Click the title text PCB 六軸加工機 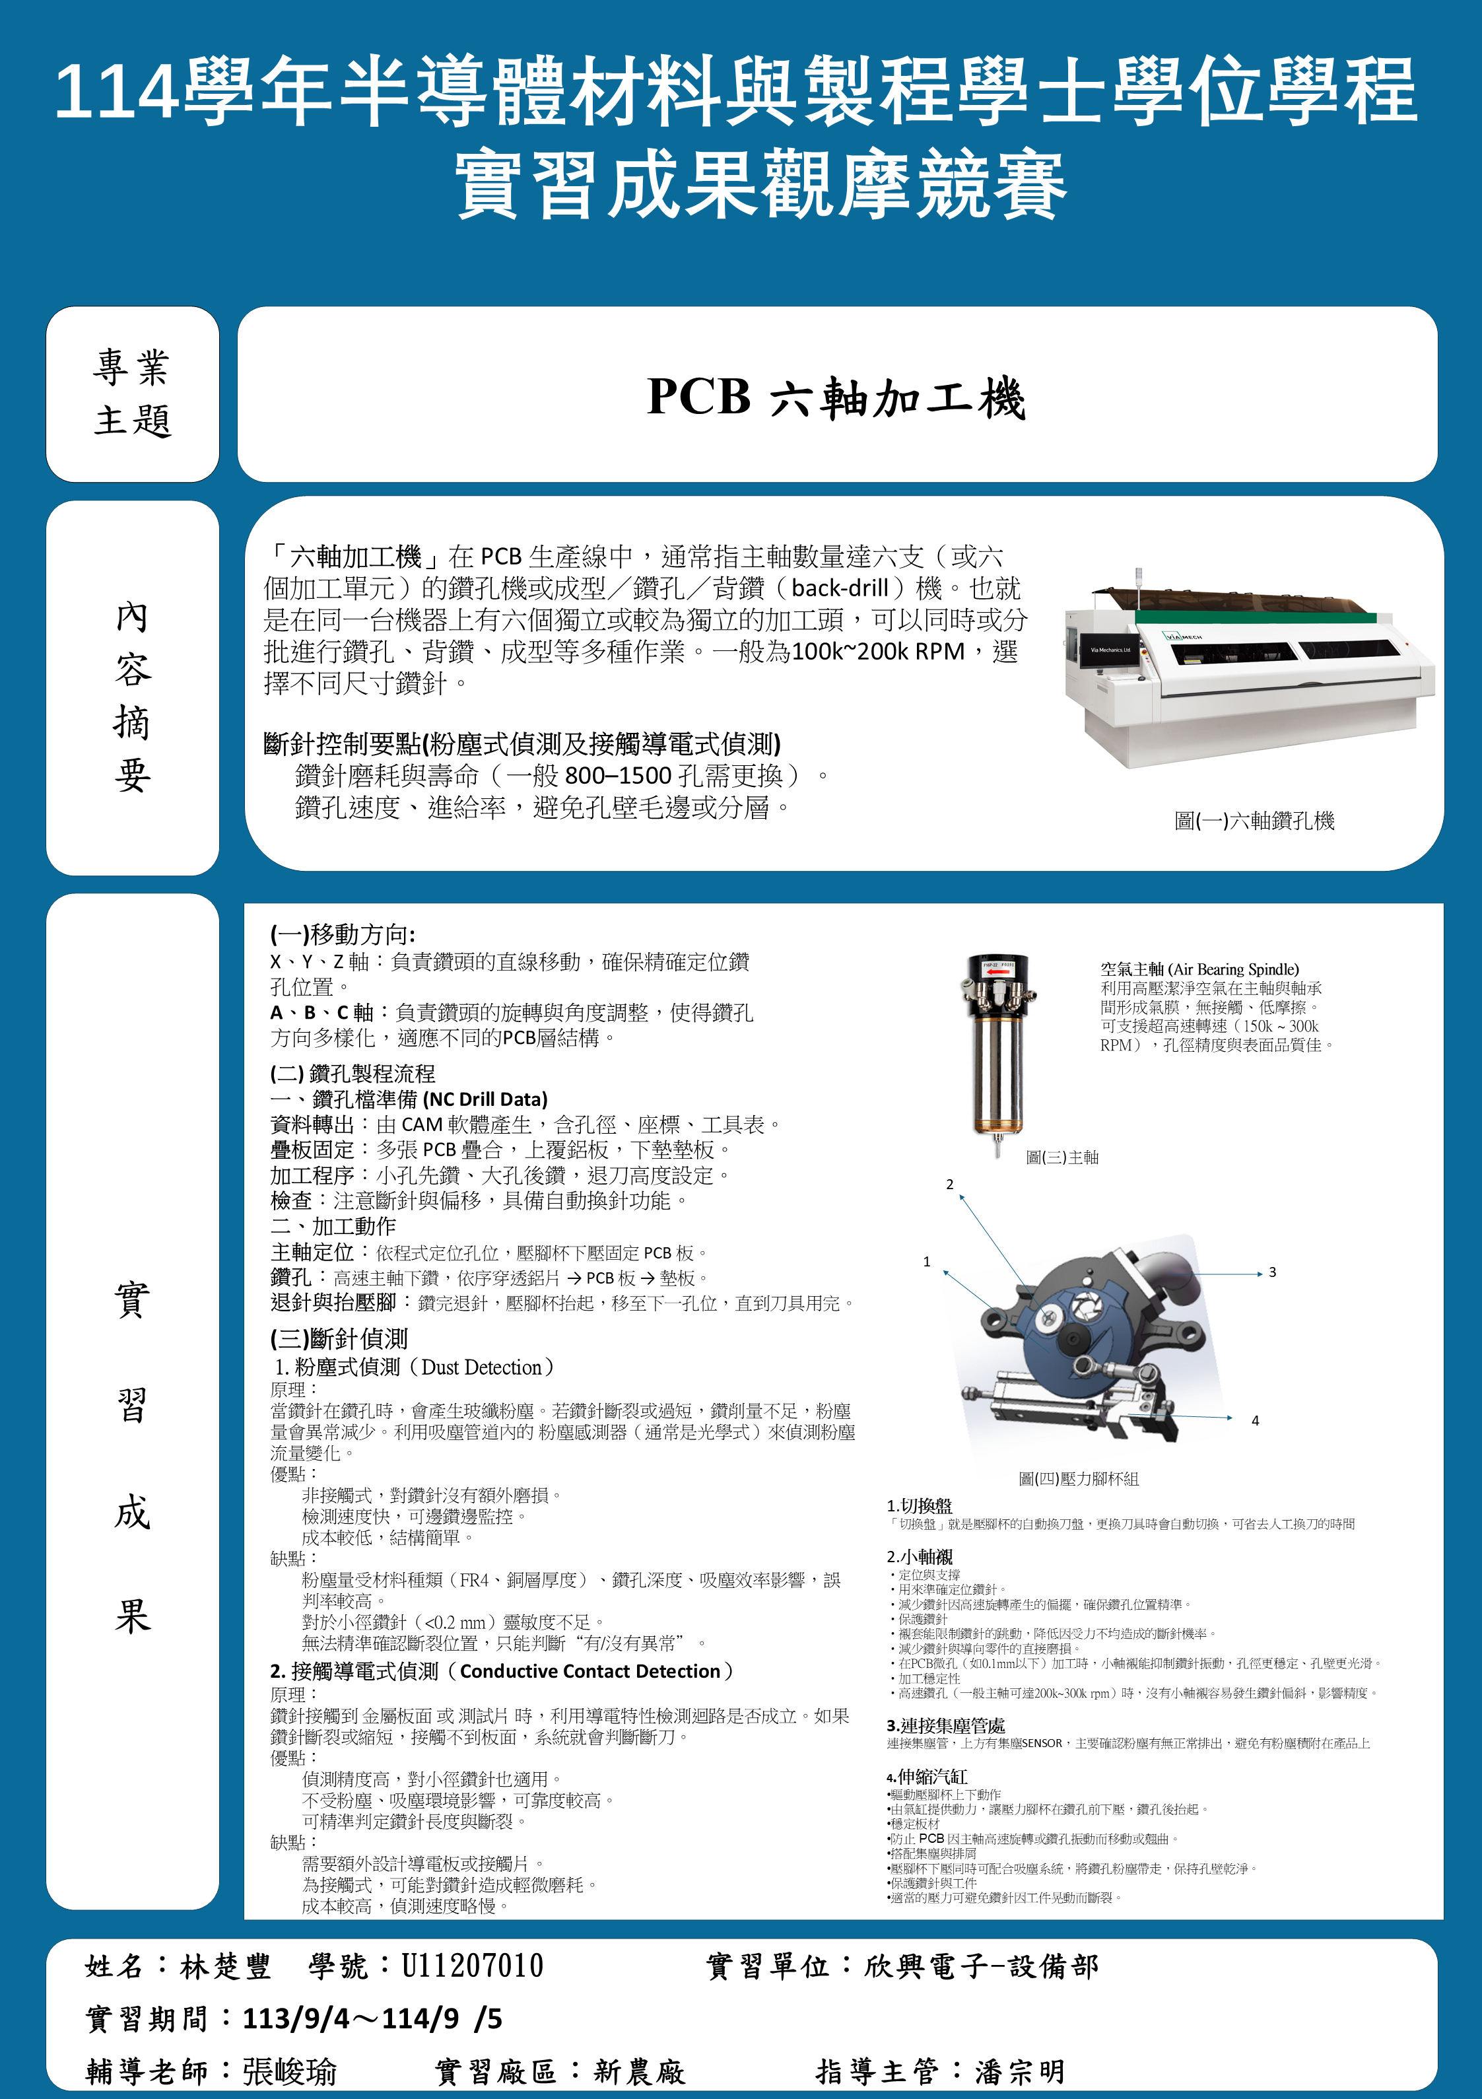coord(836,397)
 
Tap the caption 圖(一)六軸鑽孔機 coord(1254,821)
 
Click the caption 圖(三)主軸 coord(1061,1157)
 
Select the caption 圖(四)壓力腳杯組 coord(1079,1478)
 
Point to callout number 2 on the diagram coord(950,1184)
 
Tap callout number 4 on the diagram coord(1256,1420)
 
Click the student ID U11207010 coord(472,1966)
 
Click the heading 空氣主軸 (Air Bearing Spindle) coord(1199,969)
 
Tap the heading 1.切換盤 coord(919,1505)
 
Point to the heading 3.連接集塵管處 coord(945,1725)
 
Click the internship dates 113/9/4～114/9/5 coord(372,2018)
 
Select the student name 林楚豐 coord(226,1966)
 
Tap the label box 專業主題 coord(133,394)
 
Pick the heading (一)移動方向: coord(343,934)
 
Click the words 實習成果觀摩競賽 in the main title coord(760,186)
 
